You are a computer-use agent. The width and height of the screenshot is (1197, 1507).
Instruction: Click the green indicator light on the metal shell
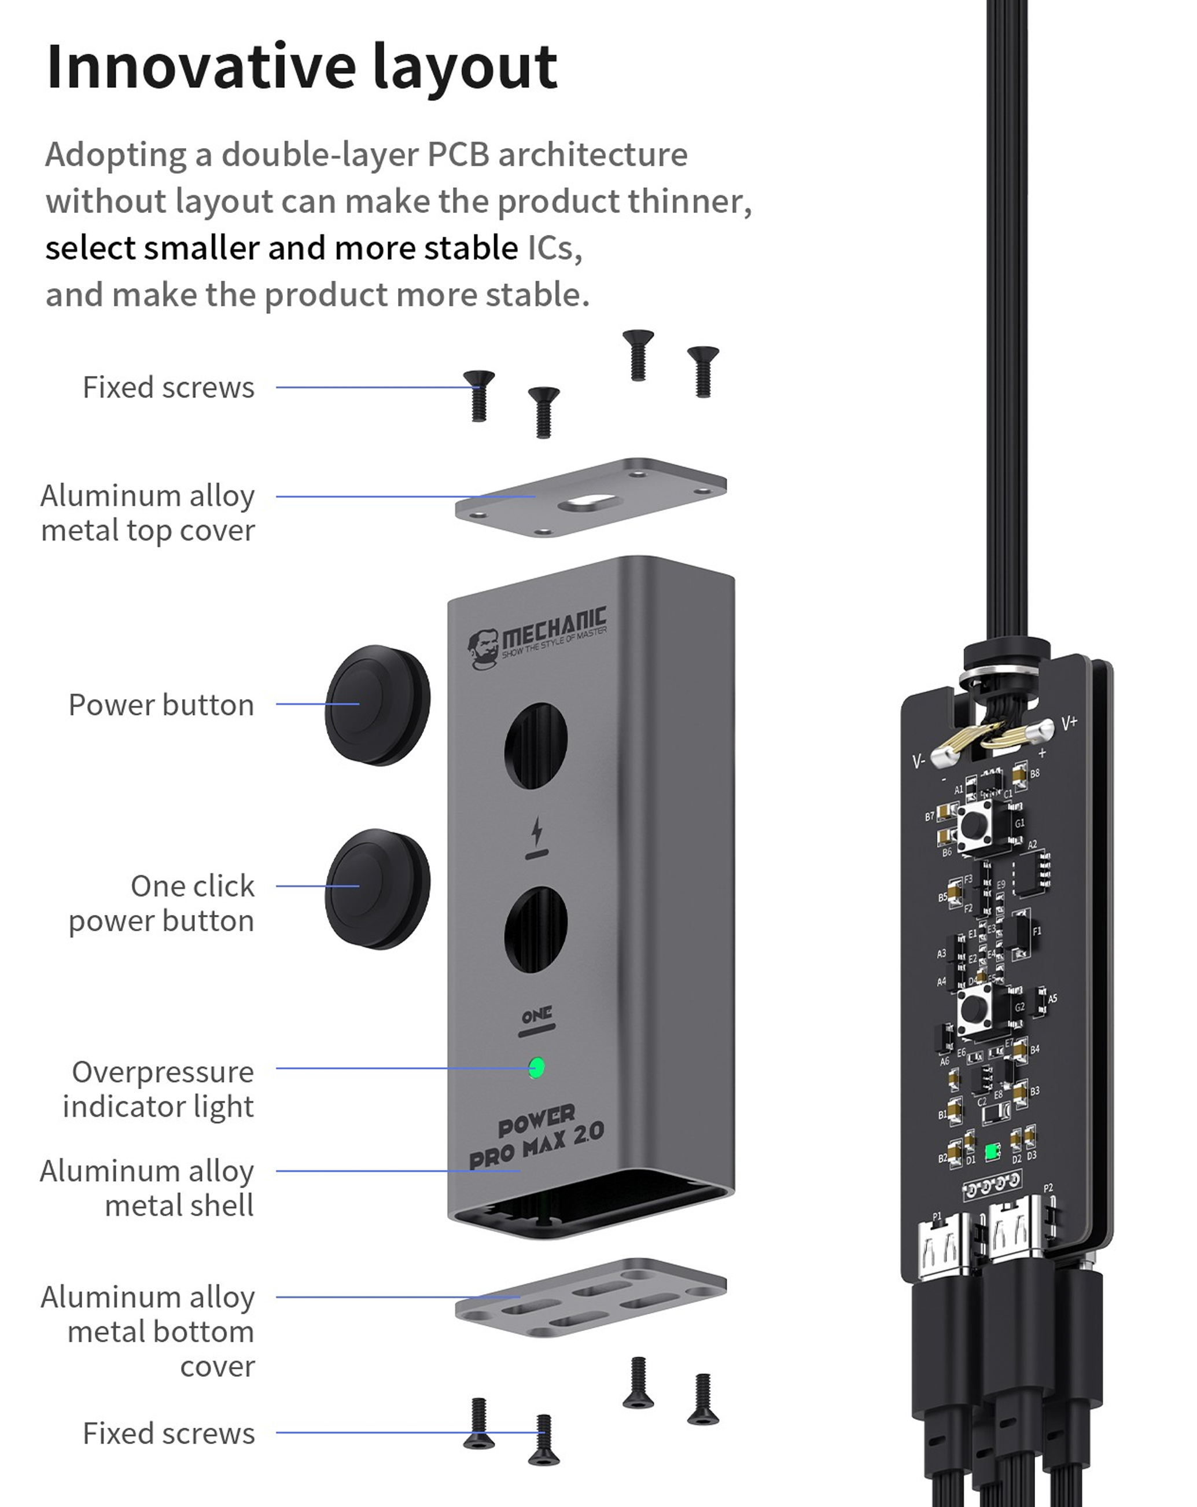coord(536,1067)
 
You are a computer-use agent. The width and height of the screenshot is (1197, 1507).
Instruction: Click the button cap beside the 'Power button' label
coord(377,704)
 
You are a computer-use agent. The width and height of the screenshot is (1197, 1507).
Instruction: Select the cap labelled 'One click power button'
coord(377,888)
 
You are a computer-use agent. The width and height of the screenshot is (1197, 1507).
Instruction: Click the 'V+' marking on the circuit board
coord(1069,723)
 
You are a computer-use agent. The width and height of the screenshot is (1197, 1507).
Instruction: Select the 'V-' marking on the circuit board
coord(919,761)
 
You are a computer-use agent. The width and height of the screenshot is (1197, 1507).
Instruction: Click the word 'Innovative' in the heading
coord(201,67)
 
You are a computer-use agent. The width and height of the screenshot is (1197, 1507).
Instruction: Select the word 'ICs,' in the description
coord(554,248)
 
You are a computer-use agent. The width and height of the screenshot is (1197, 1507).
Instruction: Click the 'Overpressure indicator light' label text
coord(159,1089)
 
